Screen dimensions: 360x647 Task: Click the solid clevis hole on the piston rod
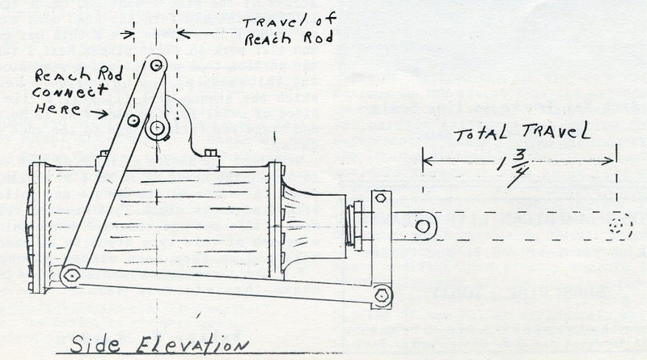tap(422, 226)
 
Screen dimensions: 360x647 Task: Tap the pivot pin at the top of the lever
tap(157, 62)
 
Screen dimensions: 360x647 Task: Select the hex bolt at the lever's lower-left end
tap(71, 275)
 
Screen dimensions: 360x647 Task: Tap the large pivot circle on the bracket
tap(156, 128)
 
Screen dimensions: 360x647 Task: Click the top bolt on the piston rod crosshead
tap(381, 198)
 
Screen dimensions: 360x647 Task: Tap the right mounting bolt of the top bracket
tap(211, 154)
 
